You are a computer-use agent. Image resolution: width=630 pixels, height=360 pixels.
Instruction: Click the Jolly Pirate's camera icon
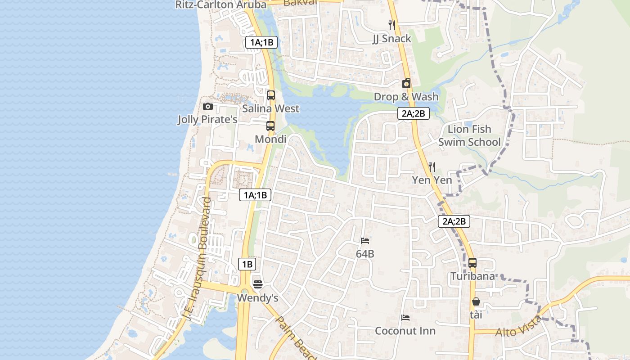coord(207,107)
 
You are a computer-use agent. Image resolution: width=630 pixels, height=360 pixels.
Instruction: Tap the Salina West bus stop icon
coord(271,95)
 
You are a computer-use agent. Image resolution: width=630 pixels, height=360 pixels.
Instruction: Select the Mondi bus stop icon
coord(270,126)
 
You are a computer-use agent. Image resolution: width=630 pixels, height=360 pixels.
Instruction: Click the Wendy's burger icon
coord(257,284)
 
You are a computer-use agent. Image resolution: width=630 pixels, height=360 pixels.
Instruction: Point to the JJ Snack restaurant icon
coord(392,25)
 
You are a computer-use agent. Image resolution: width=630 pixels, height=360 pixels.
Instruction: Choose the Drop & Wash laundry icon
coord(406,83)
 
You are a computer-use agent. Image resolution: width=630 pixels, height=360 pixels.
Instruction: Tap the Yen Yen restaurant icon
coord(432,167)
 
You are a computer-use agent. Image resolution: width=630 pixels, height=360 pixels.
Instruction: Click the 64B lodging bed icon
coord(365,241)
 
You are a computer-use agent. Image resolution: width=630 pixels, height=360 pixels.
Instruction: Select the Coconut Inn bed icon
coord(405,318)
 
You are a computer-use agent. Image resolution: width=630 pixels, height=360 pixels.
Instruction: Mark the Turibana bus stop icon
coord(472,263)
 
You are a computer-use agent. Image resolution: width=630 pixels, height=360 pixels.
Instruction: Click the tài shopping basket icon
coord(476,301)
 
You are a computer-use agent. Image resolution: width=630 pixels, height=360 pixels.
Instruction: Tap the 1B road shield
coord(247,264)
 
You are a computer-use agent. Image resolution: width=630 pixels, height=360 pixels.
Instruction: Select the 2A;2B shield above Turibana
coord(454,221)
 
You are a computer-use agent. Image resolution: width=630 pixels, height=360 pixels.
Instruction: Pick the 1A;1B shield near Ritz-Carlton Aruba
coord(261,42)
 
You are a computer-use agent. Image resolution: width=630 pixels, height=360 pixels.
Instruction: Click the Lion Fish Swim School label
coord(469,136)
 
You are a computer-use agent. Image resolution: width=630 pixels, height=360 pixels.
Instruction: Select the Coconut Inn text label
coord(405,331)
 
